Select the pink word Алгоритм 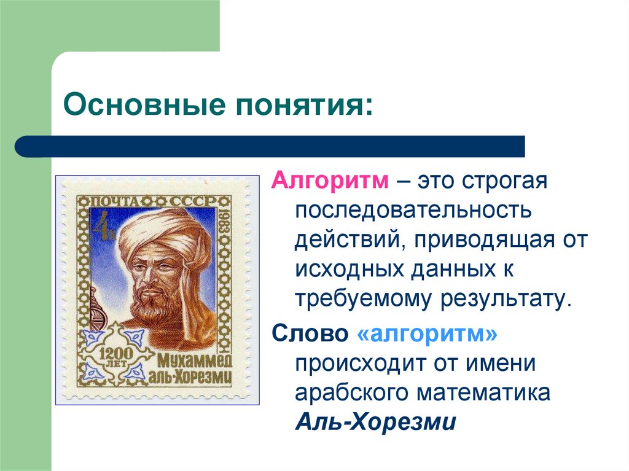[x=330, y=181]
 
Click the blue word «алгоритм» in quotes [x=426, y=335]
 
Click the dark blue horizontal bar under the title [x=270, y=147]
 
